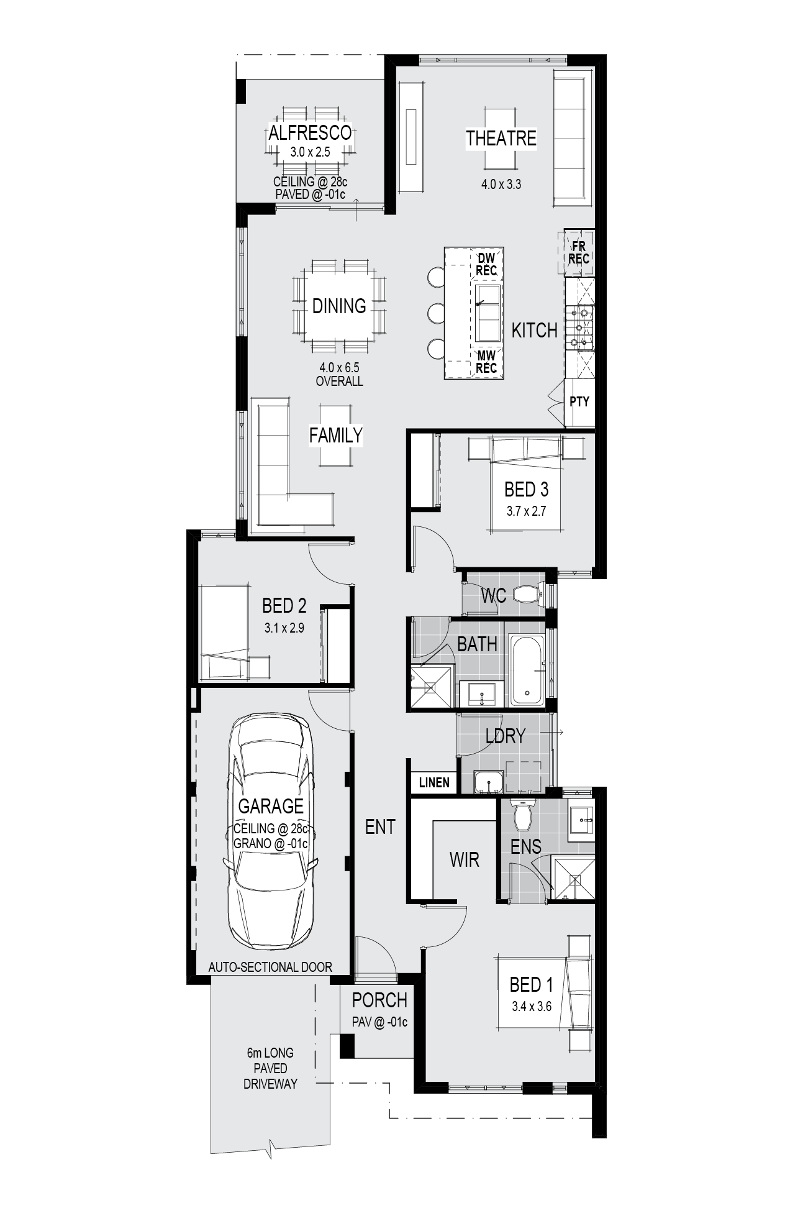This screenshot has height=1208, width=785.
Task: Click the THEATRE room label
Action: coord(501,138)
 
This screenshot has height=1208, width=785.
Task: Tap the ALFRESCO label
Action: coord(310,132)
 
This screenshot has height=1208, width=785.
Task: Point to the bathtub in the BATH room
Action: coord(527,670)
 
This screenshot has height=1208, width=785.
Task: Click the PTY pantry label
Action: coord(579,401)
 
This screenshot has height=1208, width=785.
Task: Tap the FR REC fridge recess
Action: coord(579,252)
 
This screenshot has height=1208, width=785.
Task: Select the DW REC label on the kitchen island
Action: coord(486,264)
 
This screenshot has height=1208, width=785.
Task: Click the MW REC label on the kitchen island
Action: coord(486,362)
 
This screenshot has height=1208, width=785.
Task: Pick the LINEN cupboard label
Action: coord(434,782)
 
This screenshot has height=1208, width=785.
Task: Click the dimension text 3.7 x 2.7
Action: coord(526,511)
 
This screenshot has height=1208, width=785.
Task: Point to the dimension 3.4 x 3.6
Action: coord(532,1006)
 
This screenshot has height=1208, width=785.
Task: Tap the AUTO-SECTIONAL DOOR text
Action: coord(270,967)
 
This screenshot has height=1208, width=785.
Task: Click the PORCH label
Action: coord(379,1000)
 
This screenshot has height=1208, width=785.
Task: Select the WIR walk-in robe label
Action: coord(465,860)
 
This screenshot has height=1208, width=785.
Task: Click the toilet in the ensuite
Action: coord(522,814)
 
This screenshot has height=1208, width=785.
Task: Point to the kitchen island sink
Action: coord(488,313)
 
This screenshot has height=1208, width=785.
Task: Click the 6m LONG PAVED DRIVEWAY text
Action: coord(270,1068)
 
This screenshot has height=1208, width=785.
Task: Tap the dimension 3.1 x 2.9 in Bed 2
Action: coord(284,628)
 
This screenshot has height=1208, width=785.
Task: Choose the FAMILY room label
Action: coord(335,435)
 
